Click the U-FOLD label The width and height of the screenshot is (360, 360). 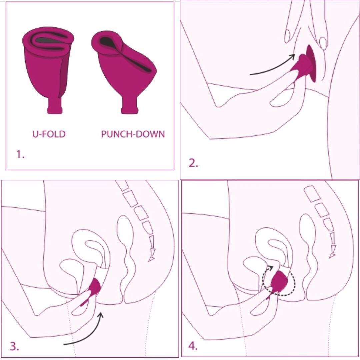[x=49, y=134]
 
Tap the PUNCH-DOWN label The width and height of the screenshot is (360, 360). [x=133, y=134]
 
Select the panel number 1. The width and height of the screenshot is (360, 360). [x=20, y=154]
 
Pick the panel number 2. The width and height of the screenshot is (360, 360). [x=193, y=163]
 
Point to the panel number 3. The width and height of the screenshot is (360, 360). [x=14, y=346]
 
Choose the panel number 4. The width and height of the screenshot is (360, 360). [x=193, y=346]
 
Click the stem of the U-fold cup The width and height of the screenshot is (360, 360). [x=55, y=106]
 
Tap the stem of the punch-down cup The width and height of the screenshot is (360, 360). [x=130, y=106]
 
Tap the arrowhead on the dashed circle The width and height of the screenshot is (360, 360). [x=270, y=268]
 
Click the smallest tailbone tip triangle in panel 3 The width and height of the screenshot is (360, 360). [x=151, y=259]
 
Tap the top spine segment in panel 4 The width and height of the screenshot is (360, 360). [x=312, y=194]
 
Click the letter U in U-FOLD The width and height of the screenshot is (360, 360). [x=35, y=134]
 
